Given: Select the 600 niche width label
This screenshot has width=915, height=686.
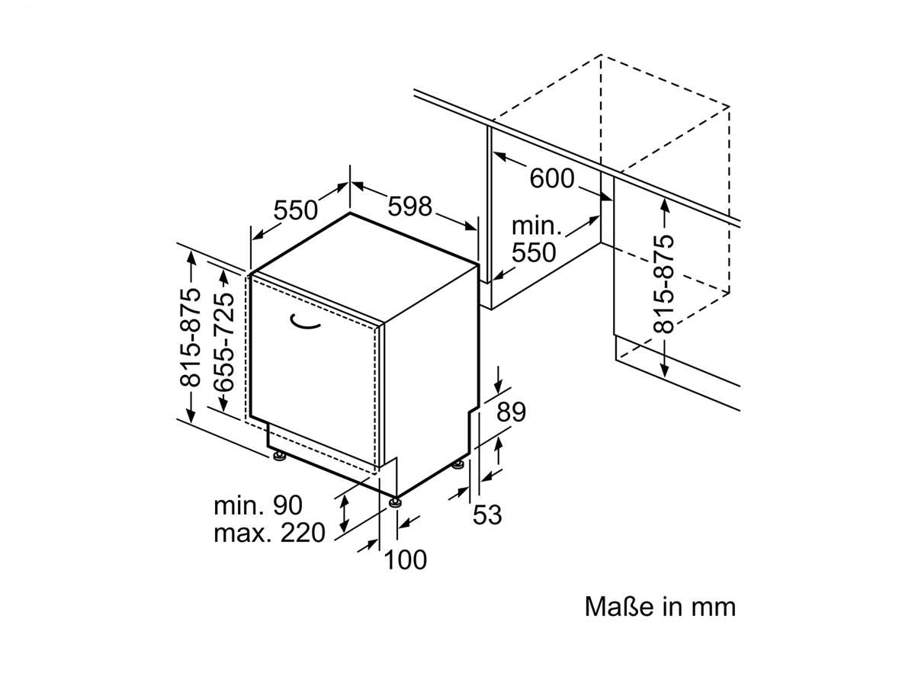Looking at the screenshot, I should coord(551,179).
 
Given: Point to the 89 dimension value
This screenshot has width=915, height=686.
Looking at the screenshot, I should coord(511,412).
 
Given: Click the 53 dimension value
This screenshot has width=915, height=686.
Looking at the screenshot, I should coord(487,514).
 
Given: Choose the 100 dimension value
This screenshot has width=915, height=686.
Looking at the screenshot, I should coord(405,560).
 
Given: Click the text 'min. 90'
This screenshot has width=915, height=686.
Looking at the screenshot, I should coord(258,505).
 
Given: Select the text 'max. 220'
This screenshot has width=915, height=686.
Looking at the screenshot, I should coord(268,533).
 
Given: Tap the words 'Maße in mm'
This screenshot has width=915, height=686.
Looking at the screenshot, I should coord(660,607).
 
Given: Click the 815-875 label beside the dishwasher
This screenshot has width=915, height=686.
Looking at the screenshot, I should coord(190,338).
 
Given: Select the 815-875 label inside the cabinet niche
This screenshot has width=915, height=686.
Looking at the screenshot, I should coord(664,284).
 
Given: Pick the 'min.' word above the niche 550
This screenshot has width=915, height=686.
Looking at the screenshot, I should coord(536,226).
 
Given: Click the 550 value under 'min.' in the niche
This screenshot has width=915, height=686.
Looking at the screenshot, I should coord(534,252).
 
